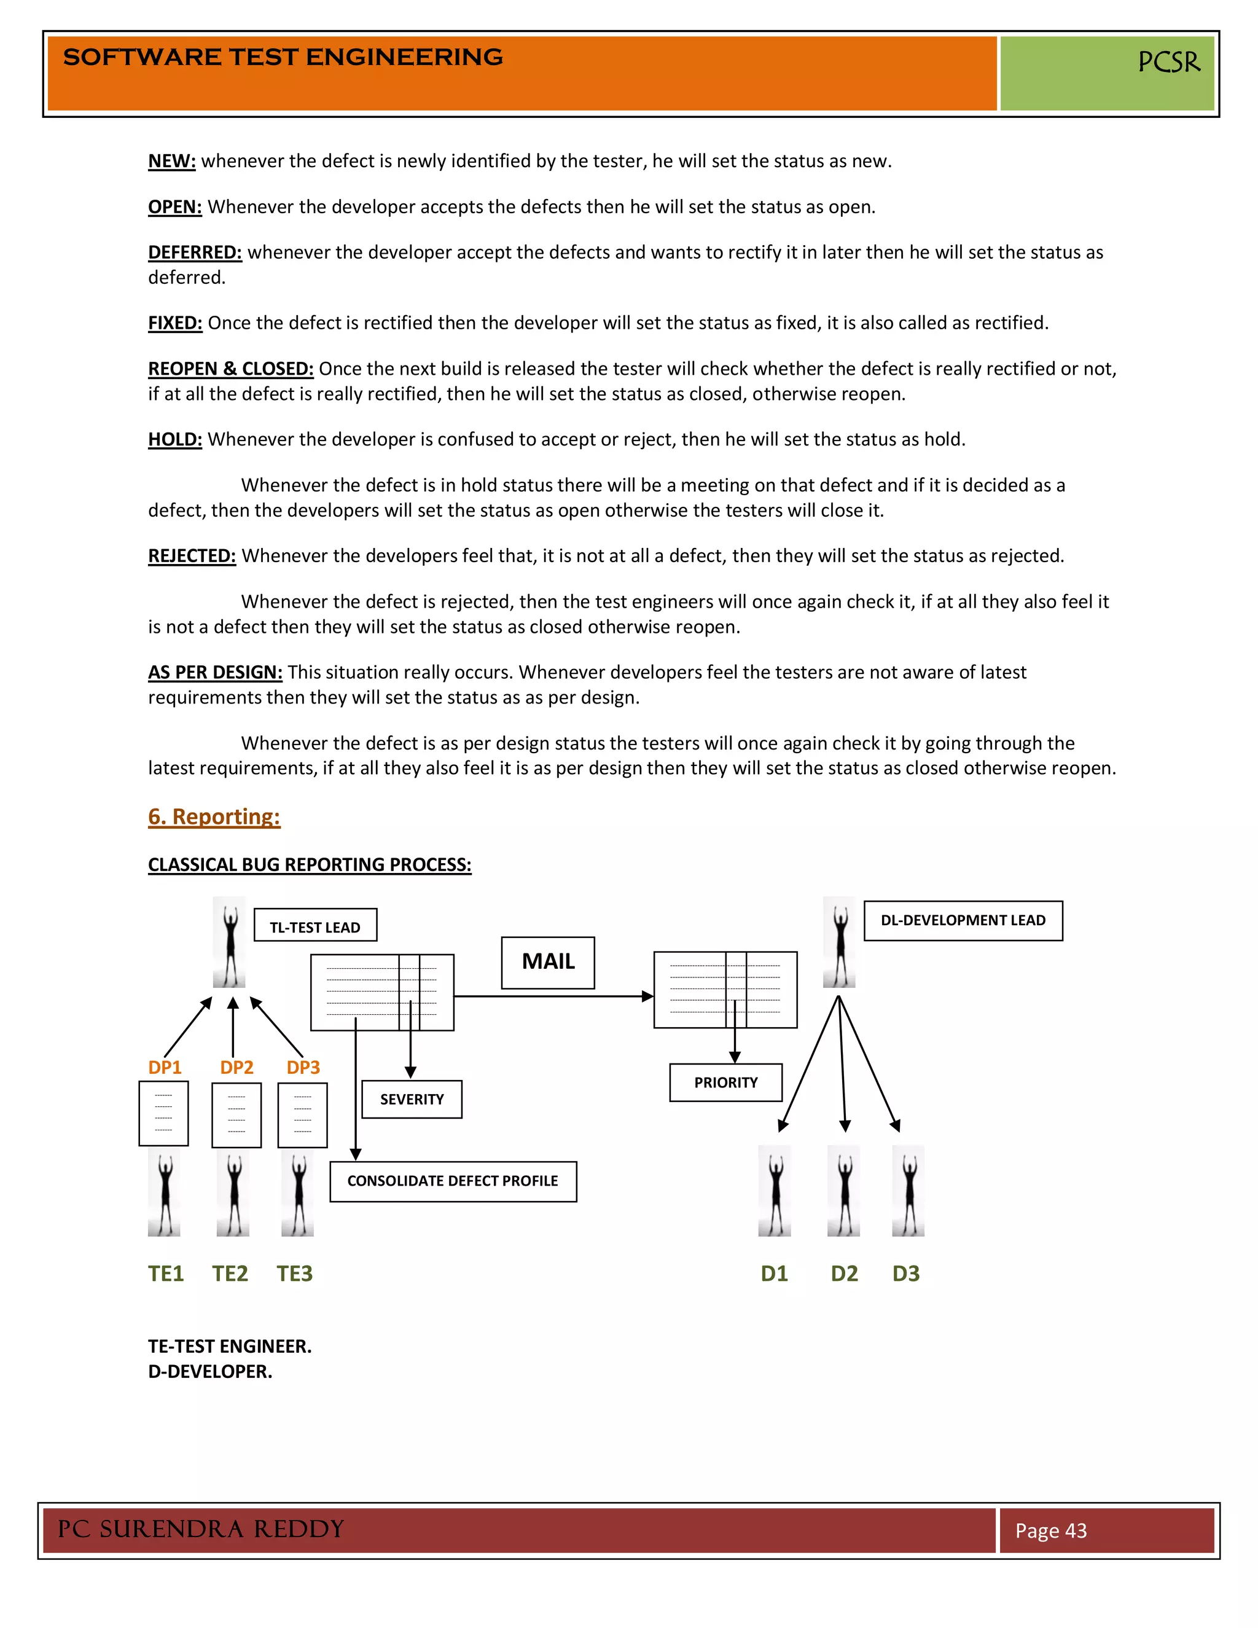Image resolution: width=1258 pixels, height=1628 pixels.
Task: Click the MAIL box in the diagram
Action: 548,962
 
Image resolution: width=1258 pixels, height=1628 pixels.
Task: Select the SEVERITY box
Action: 412,1099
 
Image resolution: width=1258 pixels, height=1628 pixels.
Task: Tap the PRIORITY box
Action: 725,1082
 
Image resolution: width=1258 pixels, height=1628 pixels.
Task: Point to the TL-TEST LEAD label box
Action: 315,925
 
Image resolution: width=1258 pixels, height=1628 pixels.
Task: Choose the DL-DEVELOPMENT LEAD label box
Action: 963,921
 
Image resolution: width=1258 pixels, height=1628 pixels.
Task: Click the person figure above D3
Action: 908,1191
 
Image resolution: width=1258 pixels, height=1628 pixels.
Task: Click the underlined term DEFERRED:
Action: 195,252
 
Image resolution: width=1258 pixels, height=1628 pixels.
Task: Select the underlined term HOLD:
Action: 174,439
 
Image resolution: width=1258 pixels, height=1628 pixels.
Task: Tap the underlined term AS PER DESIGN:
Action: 214,671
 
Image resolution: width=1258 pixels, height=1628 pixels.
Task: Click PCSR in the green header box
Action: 1168,62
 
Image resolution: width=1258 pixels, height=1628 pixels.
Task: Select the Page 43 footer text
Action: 1051,1530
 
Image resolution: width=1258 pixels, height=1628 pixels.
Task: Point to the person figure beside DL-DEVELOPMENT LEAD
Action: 839,942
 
